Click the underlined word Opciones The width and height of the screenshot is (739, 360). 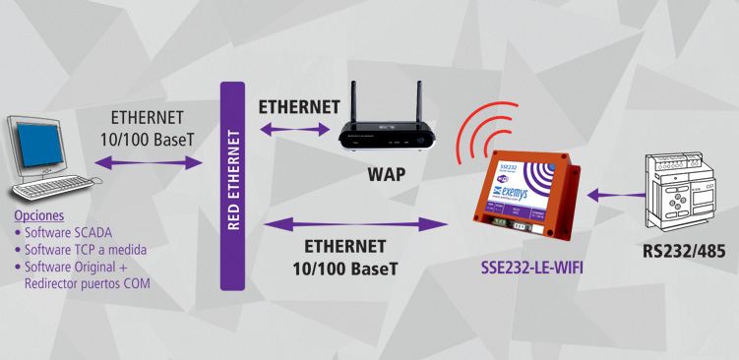39,215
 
